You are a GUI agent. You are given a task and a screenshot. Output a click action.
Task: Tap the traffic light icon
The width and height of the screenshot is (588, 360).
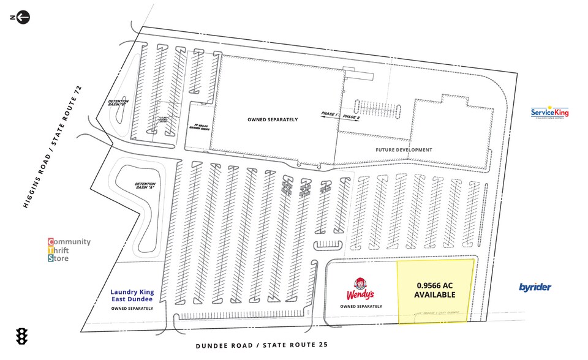click(22, 336)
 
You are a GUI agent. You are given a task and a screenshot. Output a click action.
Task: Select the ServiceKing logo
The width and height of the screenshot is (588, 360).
click(549, 113)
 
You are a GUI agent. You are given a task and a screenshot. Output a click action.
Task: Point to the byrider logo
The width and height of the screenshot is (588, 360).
click(535, 287)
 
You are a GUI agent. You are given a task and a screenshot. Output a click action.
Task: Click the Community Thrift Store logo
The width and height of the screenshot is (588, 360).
click(69, 250)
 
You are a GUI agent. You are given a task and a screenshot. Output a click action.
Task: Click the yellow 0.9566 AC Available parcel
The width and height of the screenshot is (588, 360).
click(436, 291)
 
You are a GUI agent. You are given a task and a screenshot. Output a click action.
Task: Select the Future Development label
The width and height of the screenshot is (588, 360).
click(404, 149)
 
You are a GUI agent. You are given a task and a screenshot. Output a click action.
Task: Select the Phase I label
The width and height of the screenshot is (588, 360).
click(330, 114)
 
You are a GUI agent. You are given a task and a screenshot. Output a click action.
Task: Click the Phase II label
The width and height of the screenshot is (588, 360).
click(351, 117)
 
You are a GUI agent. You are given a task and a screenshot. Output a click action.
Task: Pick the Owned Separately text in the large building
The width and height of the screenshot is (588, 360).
click(273, 119)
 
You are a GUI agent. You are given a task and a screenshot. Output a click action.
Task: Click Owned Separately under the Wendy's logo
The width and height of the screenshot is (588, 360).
click(361, 306)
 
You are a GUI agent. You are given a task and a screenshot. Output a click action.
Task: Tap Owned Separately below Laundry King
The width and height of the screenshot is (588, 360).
click(132, 308)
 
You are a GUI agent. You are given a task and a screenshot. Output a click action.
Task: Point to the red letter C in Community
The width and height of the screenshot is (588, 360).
click(51, 242)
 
